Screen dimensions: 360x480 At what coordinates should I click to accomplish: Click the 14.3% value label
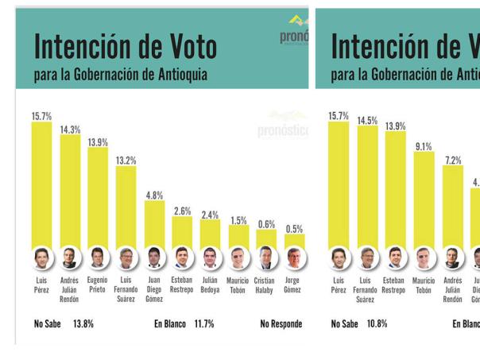click(x=70, y=130)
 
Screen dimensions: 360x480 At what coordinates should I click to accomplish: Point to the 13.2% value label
click(x=126, y=161)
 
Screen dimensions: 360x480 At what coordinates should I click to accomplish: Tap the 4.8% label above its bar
click(x=154, y=195)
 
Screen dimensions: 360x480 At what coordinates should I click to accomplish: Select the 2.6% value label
click(x=182, y=211)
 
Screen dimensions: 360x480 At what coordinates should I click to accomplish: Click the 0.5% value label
click(x=294, y=229)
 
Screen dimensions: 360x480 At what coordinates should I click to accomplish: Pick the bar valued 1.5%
click(x=238, y=236)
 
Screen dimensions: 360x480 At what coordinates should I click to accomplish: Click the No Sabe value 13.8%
click(x=83, y=324)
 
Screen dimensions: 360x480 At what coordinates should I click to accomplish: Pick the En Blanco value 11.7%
click(x=205, y=324)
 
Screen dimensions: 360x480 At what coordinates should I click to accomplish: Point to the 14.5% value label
click(x=367, y=121)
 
